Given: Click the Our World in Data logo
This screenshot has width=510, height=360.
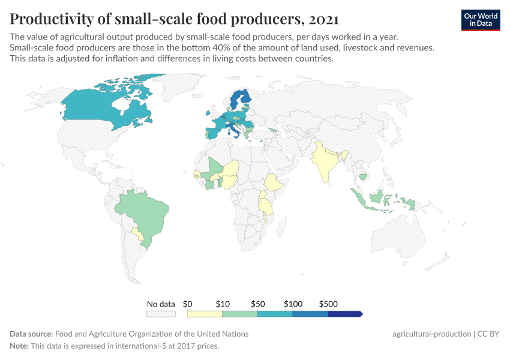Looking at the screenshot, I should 480,19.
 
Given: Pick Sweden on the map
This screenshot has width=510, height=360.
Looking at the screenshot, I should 236,102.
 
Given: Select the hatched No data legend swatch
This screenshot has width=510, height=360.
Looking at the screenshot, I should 161,313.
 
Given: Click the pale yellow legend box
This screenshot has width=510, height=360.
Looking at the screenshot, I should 205,313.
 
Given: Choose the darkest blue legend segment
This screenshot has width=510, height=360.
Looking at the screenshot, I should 344,313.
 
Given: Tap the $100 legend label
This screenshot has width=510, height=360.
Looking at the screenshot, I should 293,304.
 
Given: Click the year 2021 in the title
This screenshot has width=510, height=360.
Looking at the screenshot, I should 322,19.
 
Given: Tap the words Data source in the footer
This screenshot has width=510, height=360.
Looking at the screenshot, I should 31,334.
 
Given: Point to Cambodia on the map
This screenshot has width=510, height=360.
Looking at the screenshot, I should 362,176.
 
